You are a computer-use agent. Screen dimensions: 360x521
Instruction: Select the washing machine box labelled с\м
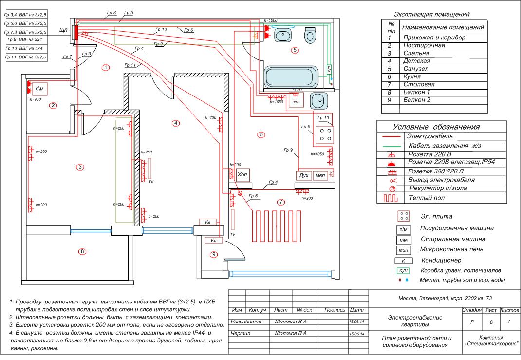coord(40,89)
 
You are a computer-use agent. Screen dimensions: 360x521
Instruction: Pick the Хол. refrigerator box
coord(242,175)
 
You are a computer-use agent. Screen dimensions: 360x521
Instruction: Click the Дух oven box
coord(303,175)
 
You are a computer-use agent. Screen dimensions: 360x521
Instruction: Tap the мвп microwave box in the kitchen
coord(320,175)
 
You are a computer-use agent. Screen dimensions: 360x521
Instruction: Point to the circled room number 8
coord(83,251)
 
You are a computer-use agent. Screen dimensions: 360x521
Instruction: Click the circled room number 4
coord(175,123)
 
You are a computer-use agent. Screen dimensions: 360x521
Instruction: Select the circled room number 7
coord(280,202)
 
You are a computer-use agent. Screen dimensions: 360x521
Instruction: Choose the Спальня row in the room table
coord(416,53)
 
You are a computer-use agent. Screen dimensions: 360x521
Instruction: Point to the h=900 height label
coord(35,99)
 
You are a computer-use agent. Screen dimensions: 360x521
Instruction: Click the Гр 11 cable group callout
coord(130,65)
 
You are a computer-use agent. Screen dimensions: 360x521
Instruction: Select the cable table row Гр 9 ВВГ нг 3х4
coord(25,39)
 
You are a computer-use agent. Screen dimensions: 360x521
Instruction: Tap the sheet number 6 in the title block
coord(490,322)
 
